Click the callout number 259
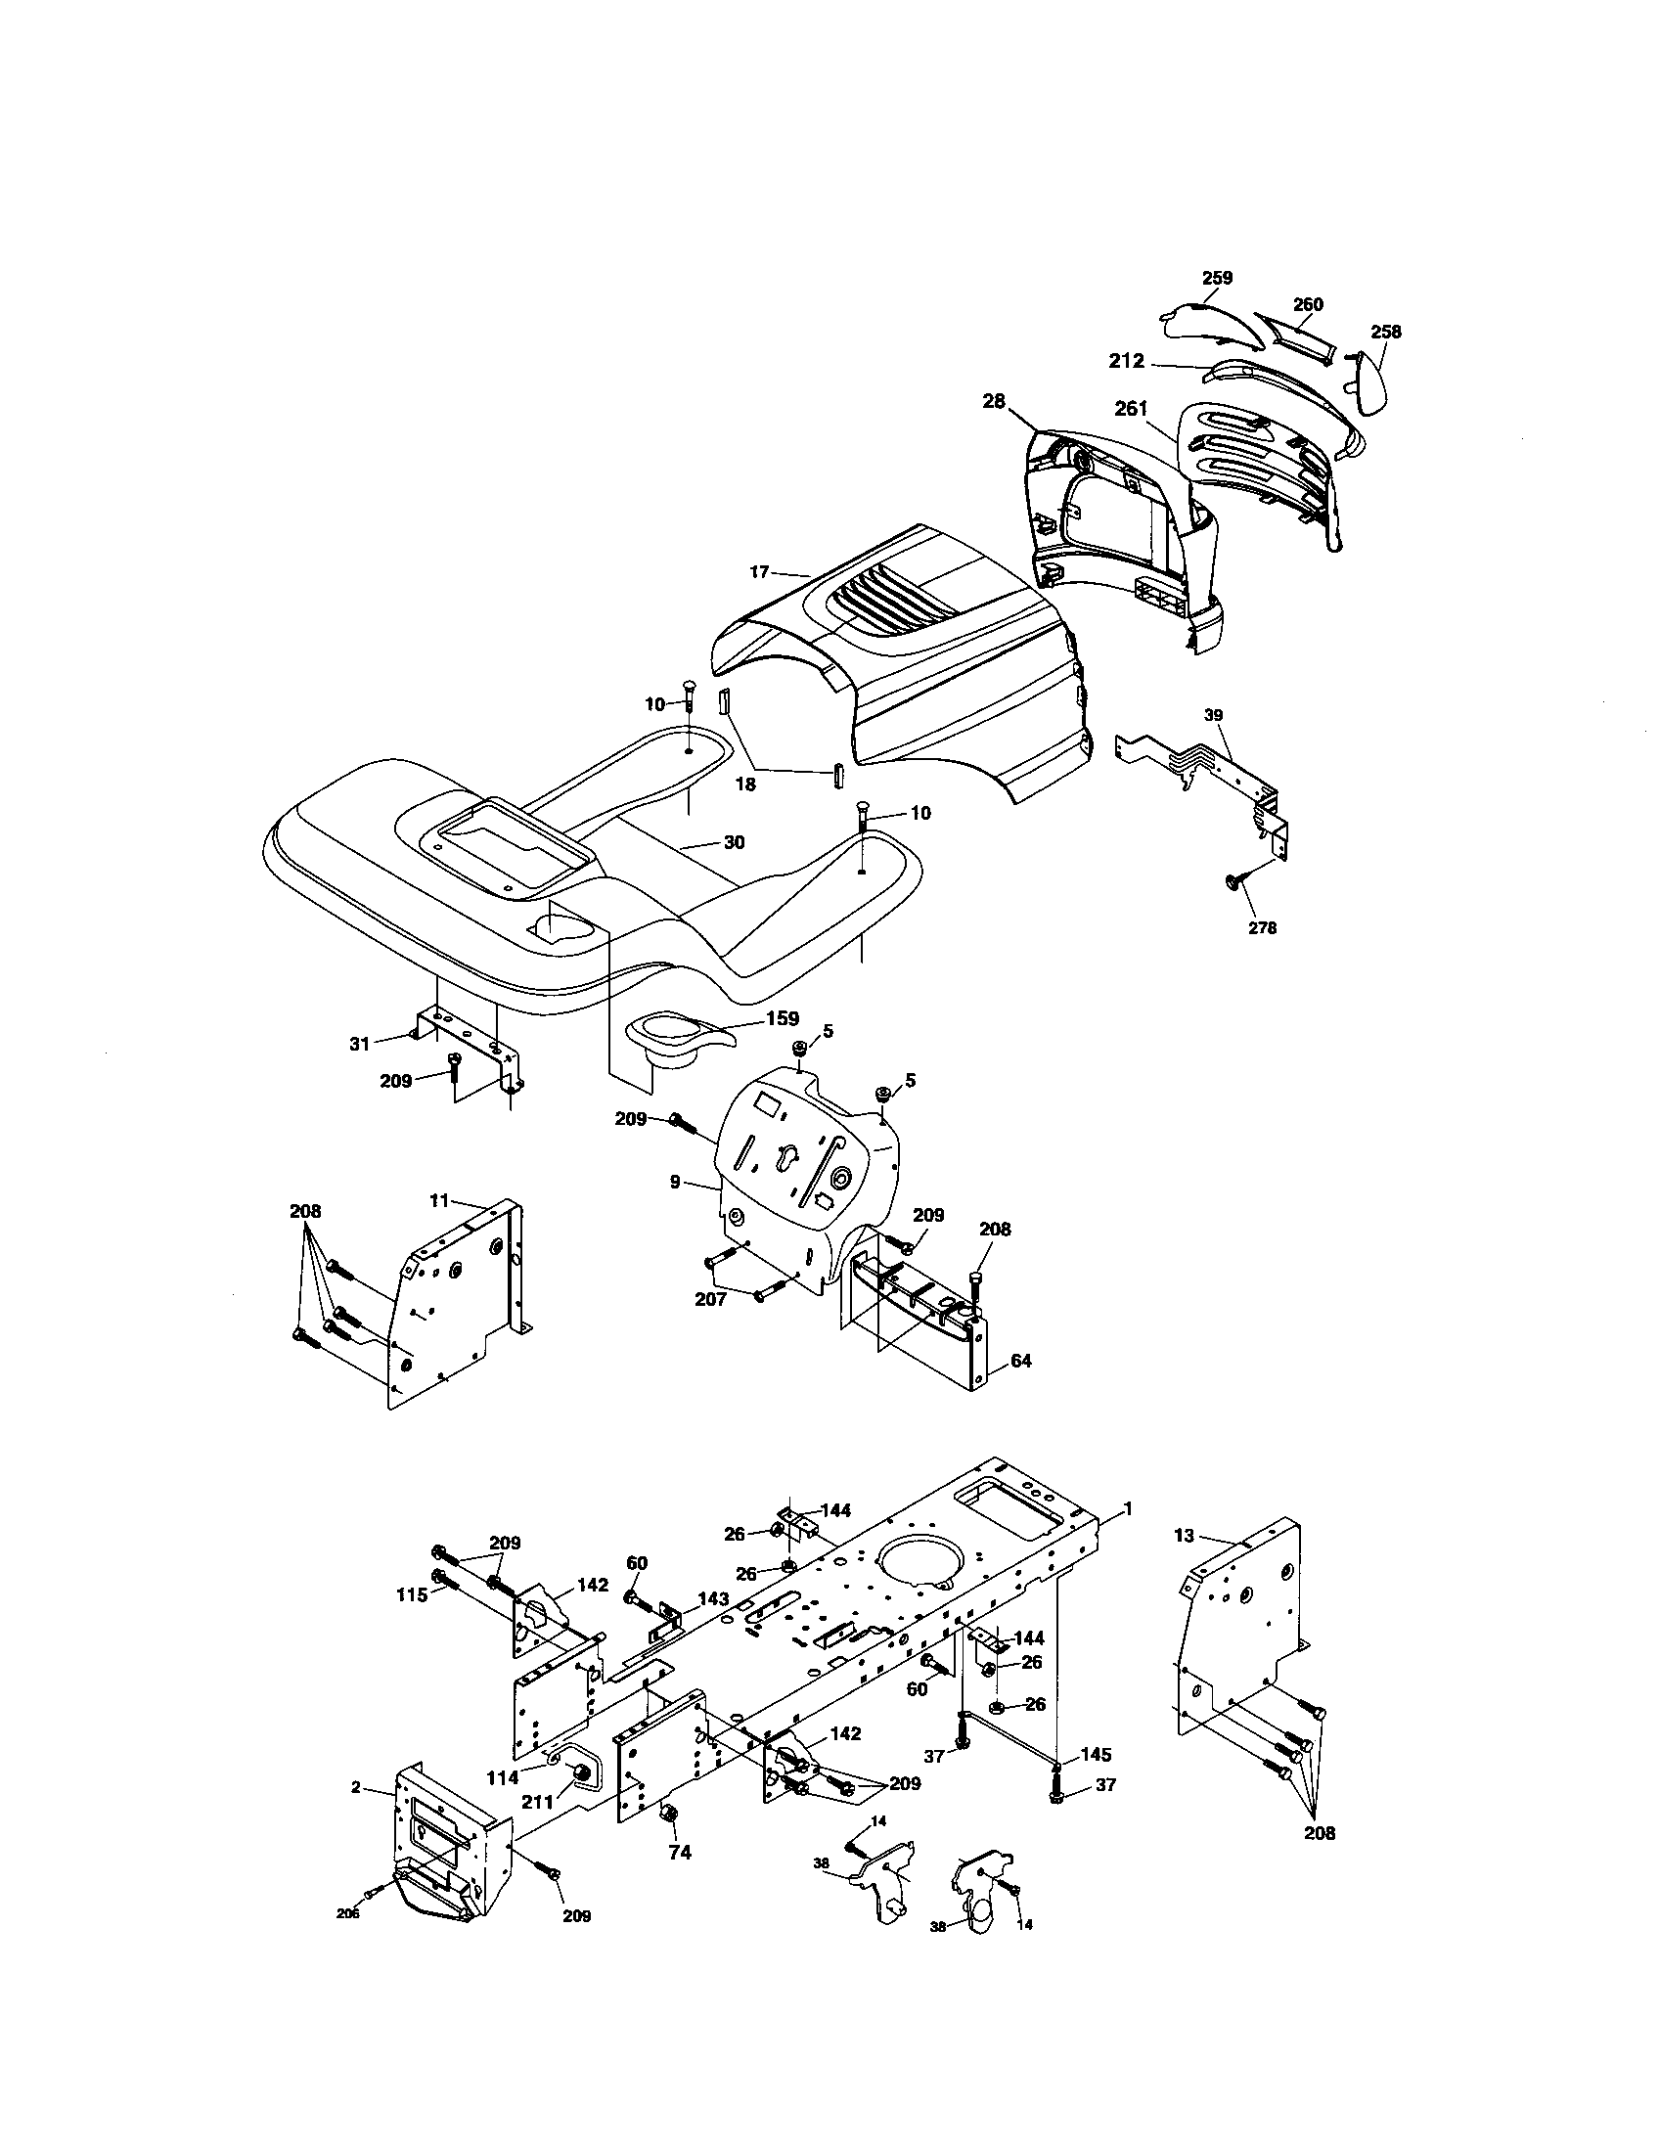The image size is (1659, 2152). tap(1217, 278)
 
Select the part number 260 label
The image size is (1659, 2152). tap(1307, 304)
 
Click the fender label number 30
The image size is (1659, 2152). tap(734, 842)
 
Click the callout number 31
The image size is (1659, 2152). tap(360, 1042)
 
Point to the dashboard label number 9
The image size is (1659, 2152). tap(675, 1181)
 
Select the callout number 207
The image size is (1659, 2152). tap(710, 1299)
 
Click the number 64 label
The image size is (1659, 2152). tap(1020, 1361)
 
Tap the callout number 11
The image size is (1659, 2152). tap(439, 1199)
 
